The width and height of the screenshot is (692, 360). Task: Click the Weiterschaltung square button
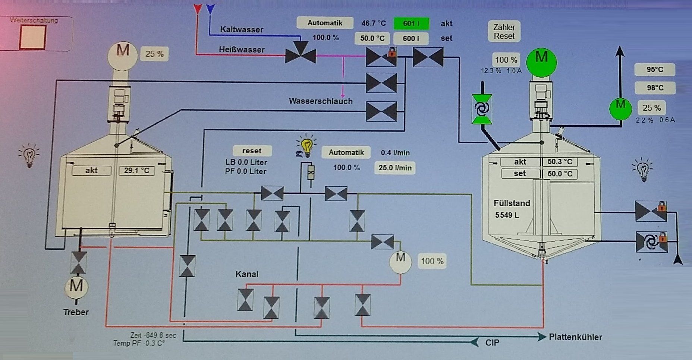tap(33, 37)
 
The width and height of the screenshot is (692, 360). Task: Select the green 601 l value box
tap(411, 23)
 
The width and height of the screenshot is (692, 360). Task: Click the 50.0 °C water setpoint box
tap(372, 38)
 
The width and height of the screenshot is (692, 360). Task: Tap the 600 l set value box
tap(411, 38)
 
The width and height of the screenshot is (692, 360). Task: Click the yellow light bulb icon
tap(306, 146)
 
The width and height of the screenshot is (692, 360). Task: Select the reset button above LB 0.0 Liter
tap(252, 151)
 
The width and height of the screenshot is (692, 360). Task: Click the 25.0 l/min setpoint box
tap(395, 168)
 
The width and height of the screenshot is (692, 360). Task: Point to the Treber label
tap(76, 312)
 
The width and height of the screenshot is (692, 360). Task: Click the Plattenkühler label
tap(575, 337)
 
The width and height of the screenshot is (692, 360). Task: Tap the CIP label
tap(492, 342)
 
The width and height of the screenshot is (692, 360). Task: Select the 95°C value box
tap(655, 70)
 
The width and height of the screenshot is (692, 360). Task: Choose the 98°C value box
tap(655, 88)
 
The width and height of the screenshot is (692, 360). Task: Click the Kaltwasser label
tap(242, 29)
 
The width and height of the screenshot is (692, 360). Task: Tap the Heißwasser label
tap(242, 50)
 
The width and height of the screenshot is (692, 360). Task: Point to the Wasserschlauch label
tap(321, 101)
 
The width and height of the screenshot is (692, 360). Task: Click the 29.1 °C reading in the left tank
tap(136, 171)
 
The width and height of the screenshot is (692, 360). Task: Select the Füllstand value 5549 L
tap(507, 215)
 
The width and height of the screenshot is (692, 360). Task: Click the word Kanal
tap(247, 274)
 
